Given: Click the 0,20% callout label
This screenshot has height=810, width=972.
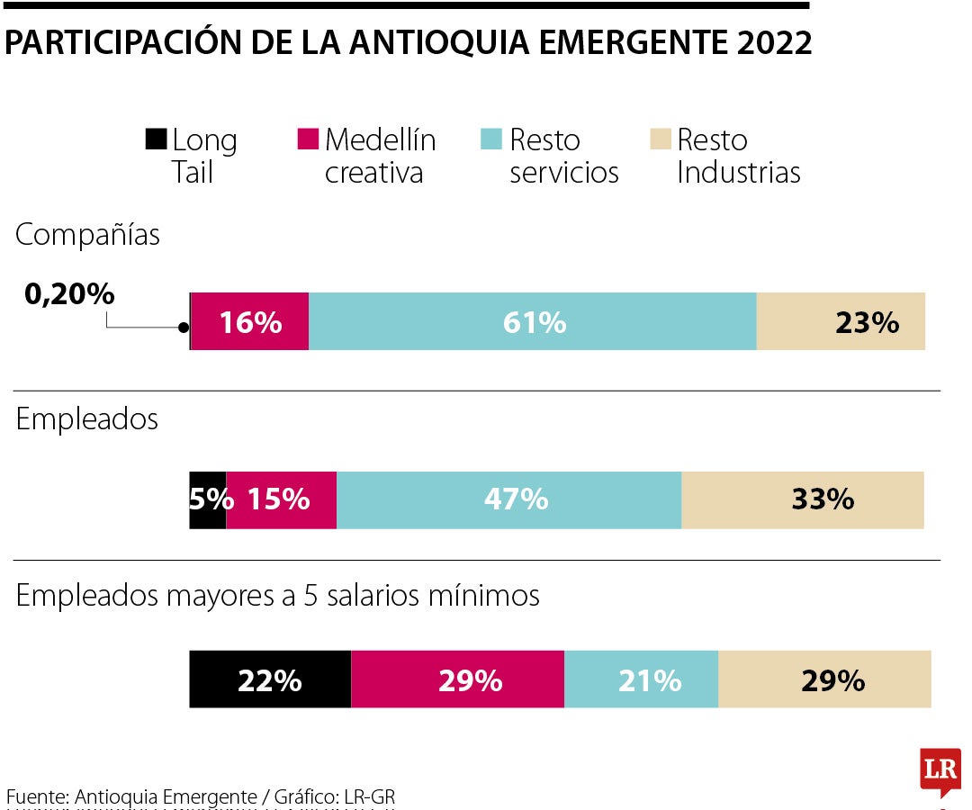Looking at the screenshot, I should tap(69, 293).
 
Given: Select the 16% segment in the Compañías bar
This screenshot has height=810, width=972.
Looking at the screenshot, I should tap(250, 321).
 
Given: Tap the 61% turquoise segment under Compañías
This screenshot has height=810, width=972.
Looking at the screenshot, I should tap(533, 321).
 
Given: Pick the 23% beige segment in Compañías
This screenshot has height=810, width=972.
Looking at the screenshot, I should tap(841, 321).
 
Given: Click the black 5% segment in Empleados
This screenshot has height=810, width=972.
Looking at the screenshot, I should tap(208, 499).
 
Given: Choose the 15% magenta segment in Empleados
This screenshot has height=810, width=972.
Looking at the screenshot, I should tap(281, 499).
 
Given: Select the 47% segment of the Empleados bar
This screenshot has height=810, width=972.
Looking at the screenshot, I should tap(508, 499).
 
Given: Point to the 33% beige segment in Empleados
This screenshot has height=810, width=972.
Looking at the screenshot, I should tap(803, 499).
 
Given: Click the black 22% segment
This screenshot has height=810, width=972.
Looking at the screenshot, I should tap(270, 679).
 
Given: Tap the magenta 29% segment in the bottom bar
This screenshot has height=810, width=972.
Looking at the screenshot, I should tap(457, 679).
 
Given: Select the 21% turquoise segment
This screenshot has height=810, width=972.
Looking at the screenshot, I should tap(641, 679).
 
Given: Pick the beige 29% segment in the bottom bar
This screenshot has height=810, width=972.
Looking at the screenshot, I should tap(824, 679).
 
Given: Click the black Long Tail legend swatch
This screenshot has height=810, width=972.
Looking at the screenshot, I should tap(156, 139).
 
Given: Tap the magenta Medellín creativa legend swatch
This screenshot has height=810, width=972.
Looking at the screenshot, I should tap(308, 139).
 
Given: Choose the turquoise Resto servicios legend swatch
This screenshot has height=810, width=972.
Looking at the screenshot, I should tap(490, 139).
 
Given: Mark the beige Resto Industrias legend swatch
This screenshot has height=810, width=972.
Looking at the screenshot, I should tap(660, 139).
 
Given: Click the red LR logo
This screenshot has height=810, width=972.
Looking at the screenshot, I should tap(940, 770).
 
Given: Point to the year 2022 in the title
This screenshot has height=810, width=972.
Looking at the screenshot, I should tap(770, 42).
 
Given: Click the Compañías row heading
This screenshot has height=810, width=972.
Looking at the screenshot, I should tap(87, 235).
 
